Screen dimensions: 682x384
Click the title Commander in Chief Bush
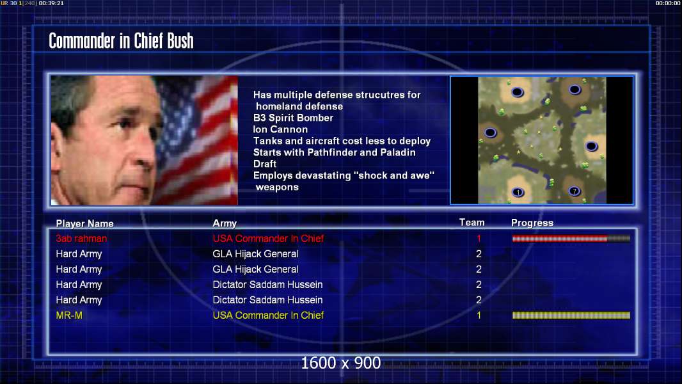pos(121,41)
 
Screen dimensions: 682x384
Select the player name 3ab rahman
pos(81,238)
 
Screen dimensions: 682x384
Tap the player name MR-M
pos(69,316)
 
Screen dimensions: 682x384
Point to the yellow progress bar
pos(571,316)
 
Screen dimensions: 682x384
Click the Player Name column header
pos(85,223)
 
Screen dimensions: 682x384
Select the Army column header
pos(225,223)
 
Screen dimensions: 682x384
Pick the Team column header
pos(472,223)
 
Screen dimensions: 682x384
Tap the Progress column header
pos(532,223)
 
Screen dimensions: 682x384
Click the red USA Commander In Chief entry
pos(268,238)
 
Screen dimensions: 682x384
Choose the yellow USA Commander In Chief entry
pos(268,316)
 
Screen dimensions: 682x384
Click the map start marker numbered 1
pos(518,192)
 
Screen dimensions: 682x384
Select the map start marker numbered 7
pos(574,191)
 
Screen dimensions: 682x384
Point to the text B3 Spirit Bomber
pos(293,118)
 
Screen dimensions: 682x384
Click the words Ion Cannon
pos(281,129)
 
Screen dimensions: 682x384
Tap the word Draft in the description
pos(265,164)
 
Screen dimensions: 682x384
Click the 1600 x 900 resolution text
pos(340,363)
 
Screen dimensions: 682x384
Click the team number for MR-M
pos(479,316)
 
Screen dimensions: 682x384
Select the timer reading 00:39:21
pos(51,3)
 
